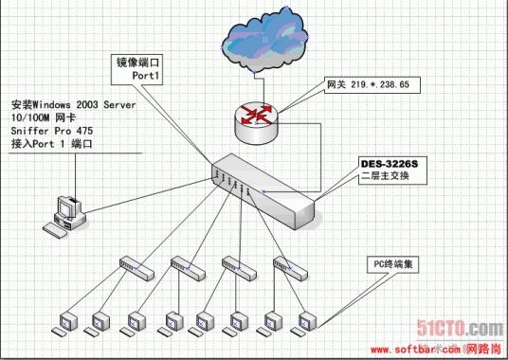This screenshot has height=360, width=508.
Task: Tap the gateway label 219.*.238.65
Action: (x=368, y=84)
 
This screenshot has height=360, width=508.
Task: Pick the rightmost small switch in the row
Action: (x=290, y=268)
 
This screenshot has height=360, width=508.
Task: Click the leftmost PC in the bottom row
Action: (x=68, y=322)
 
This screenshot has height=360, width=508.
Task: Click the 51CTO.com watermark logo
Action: (x=463, y=328)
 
